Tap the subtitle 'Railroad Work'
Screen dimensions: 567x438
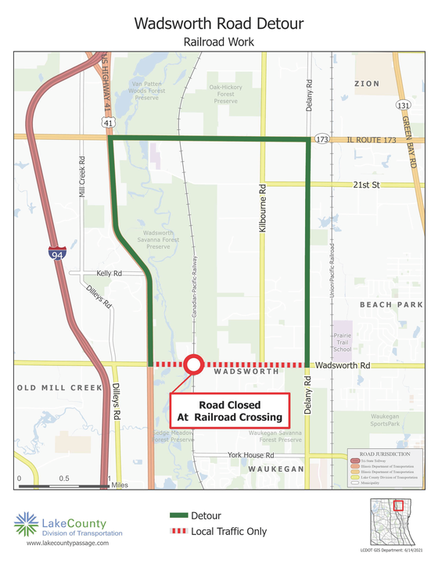(218, 41)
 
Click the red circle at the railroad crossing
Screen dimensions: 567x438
(193, 364)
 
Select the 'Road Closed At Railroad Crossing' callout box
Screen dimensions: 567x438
(230, 411)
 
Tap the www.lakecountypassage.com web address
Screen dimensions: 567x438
(66, 542)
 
